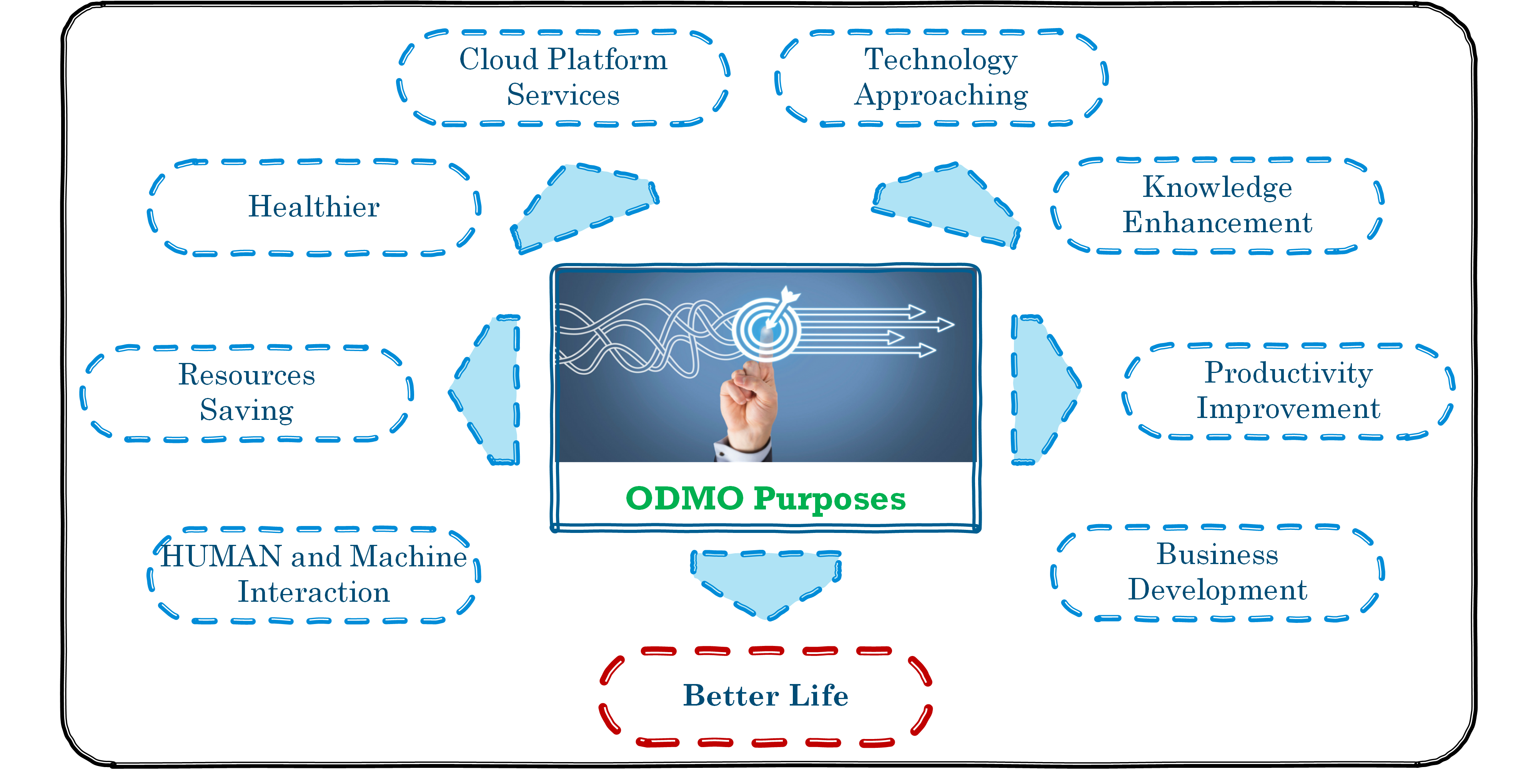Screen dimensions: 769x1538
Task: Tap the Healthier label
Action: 314,206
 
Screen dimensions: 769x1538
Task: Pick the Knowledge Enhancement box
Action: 1217,205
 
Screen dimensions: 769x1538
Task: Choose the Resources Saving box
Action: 246,392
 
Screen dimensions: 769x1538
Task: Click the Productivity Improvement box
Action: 1288,391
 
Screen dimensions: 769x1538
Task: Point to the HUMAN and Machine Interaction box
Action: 314,574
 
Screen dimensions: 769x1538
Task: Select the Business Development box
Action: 1217,572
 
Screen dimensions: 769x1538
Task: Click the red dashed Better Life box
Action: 766,696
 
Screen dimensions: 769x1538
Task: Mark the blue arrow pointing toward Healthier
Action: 582,206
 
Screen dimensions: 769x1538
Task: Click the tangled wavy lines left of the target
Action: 633,337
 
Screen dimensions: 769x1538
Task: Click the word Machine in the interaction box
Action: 408,556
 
